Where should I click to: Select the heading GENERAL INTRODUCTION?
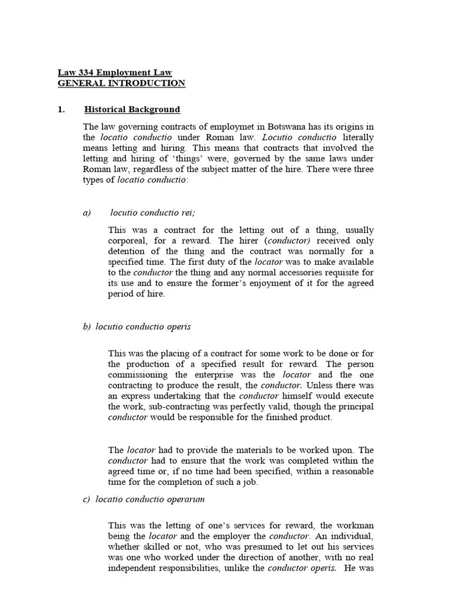[x=121, y=83]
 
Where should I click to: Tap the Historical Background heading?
[x=132, y=110]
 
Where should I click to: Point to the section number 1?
[x=61, y=110]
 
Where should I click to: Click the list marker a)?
[x=87, y=212]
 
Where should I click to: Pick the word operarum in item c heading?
[x=185, y=499]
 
